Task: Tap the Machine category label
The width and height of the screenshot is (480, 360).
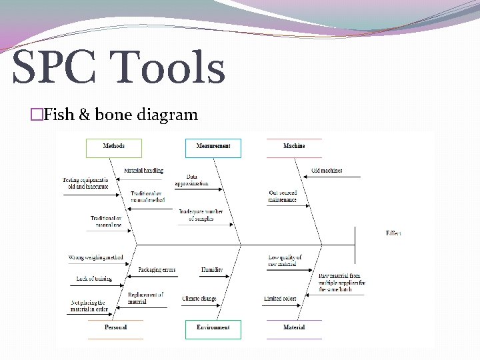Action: tap(294, 146)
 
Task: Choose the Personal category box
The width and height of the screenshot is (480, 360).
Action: tap(115, 327)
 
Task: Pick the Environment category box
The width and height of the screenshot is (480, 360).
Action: tap(213, 328)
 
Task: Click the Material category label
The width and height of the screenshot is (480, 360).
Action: tap(294, 327)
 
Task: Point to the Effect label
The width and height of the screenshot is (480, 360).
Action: tap(393, 233)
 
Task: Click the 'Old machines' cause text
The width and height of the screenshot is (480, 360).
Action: tap(327, 171)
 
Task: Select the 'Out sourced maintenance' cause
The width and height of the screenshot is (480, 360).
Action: tap(283, 196)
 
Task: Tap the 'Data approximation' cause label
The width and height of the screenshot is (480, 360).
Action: tap(192, 180)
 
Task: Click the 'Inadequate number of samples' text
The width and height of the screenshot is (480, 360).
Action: tap(201, 215)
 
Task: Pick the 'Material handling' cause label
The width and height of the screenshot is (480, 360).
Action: tap(143, 171)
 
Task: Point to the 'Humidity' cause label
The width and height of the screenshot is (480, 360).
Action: tap(212, 270)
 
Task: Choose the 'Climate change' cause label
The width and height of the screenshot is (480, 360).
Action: tap(199, 299)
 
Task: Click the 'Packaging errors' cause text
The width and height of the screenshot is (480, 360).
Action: tap(157, 270)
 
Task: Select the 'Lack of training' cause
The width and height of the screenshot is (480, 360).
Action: tap(94, 279)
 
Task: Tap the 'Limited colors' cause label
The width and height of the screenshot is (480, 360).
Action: tap(280, 299)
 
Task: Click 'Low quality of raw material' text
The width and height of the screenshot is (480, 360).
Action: tap(285, 261)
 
